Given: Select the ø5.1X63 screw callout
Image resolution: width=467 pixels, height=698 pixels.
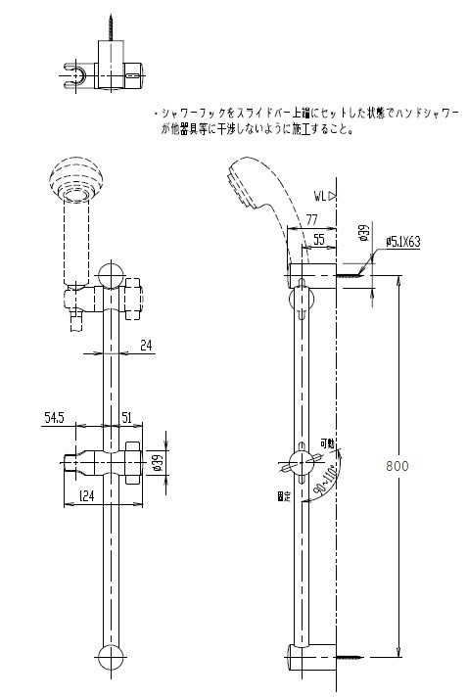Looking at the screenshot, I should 402,240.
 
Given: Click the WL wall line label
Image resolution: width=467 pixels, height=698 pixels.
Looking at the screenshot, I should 323,195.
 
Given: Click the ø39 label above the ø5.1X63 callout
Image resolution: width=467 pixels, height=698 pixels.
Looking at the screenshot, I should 363,234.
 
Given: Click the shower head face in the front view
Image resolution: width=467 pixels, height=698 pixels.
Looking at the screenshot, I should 75,182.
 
